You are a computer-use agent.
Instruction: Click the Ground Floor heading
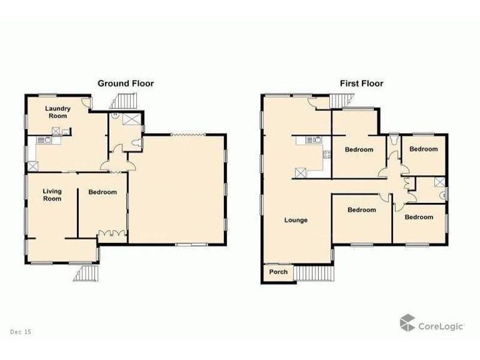[125, 83]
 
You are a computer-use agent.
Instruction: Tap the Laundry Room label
[59, 112]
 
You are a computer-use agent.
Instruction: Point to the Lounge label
[296, 220]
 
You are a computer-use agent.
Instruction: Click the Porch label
[278, 272]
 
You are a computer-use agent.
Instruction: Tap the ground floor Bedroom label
[103, 192]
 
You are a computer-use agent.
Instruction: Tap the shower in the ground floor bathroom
[130, 118]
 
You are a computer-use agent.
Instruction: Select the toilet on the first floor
[392, 139]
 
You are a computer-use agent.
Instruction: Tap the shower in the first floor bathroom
[440, 182]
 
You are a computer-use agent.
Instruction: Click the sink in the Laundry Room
[44, 140]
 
